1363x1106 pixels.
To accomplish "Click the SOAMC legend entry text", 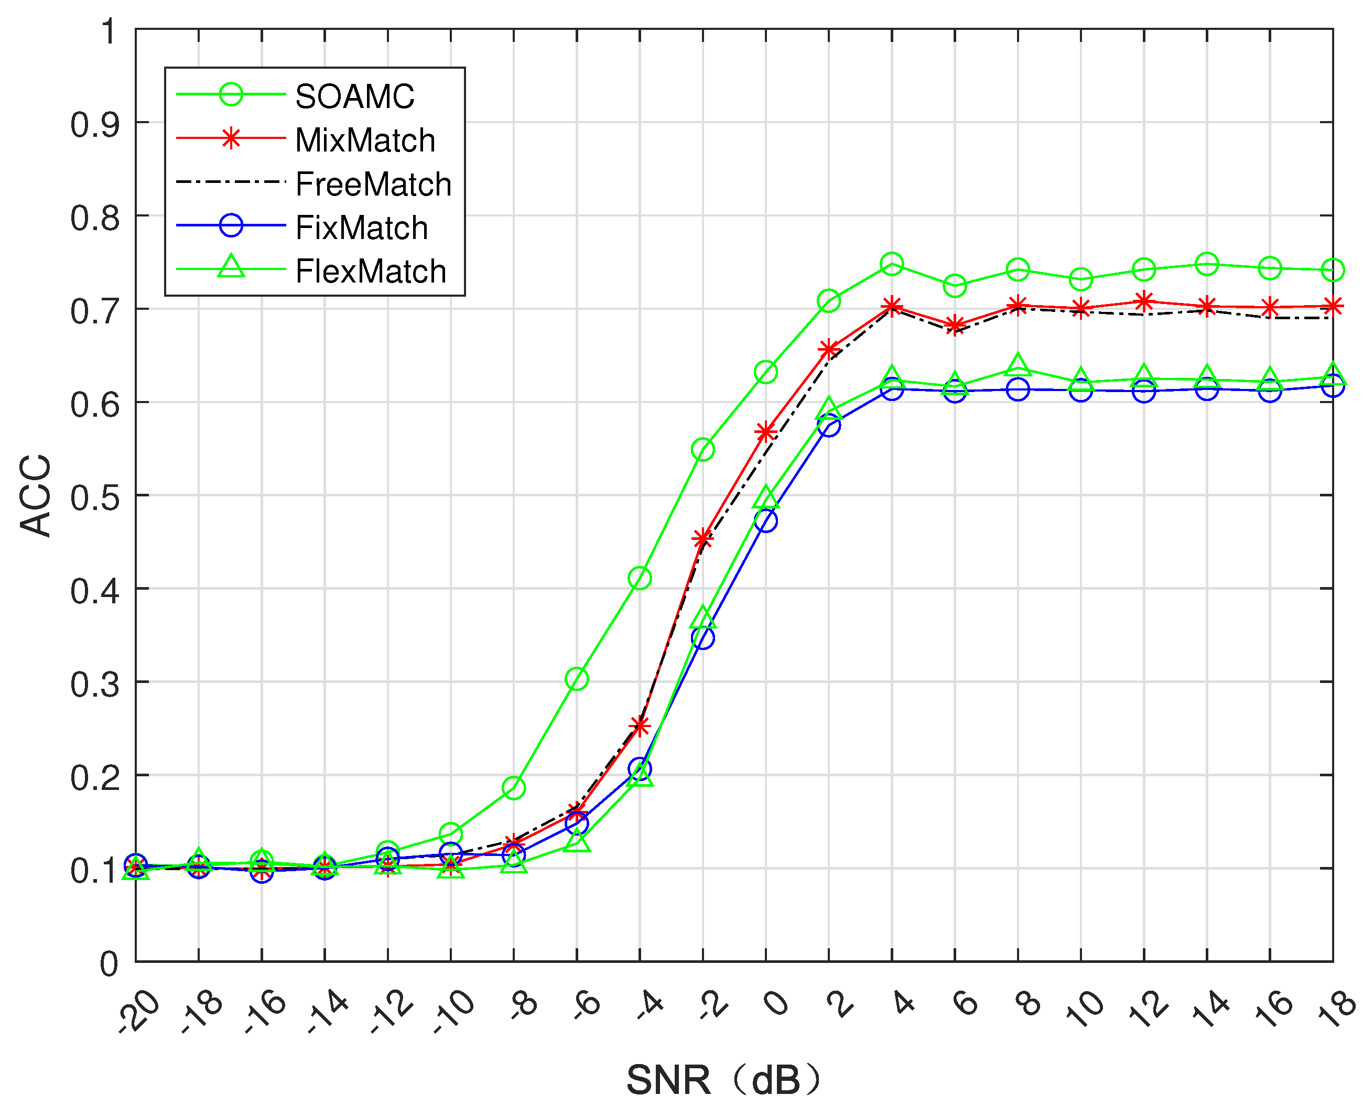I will coord(354,97).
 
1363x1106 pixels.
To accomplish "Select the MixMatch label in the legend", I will coord(364,140).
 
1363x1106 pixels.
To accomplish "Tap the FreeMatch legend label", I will coord(373,184).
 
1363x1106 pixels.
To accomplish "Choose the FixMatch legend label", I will coord(361,228).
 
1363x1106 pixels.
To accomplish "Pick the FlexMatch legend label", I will coord(370,272).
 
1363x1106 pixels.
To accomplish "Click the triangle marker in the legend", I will coord(231,267).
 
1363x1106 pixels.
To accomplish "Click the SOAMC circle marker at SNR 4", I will coord(892,263).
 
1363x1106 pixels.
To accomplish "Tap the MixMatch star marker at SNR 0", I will coord(765,432).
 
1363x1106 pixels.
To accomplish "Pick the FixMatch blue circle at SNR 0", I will coord(765,521).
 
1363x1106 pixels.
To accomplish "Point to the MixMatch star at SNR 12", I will coord(1144,301).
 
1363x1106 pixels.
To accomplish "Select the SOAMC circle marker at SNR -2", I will coord(702,449).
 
